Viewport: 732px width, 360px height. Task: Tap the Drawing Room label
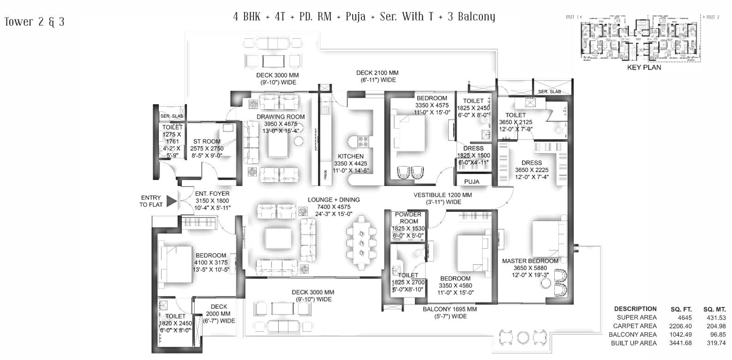coord(281,117)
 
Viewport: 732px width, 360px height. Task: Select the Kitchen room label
coord(350,156)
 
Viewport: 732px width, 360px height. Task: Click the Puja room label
coord(472,181)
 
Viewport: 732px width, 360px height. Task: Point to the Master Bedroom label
coord(530,261)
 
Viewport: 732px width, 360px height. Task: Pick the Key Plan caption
coord(644,67)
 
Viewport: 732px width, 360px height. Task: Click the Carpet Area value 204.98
coord(716,326)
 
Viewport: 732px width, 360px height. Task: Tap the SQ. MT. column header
coord(714,309)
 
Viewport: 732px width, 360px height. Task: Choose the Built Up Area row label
coord(634,343)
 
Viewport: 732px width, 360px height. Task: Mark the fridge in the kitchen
coord(326,174)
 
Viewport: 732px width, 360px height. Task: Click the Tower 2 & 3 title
coord(35,22)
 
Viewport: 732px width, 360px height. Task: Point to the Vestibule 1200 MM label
coord(442,195)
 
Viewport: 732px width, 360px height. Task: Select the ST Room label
coord(207,142)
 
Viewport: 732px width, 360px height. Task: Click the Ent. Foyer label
coord(212,194)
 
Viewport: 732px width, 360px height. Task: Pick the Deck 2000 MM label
coord(219,306)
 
